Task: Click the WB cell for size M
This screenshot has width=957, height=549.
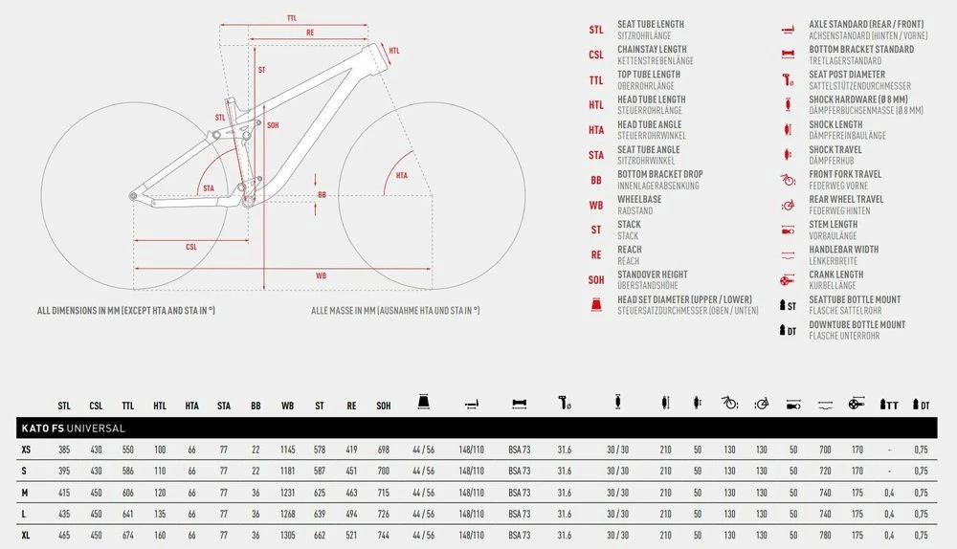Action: pyautogui.click(x=287, y=493)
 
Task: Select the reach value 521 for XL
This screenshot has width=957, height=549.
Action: pyautogui.click(x=351, y=536)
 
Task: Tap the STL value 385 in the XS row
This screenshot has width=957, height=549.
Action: pyautogui.click(x=64, y=450)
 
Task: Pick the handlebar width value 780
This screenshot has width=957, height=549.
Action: pyautogui.click(x=825, y=536)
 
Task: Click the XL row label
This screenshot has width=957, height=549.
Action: pyautogui.click(x=26, y=536)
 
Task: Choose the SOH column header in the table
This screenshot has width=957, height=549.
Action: pyautogui.click(x=384, y=406)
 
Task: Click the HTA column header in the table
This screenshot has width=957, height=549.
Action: pyautogui.click(x=191, y=406)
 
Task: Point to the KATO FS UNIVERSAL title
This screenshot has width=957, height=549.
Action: pyautogui.click(x=74, y=428)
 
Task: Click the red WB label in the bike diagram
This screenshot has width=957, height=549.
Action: pyautogui.click(x=321, y=275)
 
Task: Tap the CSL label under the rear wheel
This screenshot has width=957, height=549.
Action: pyautogui.click(x=191, y=247)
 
